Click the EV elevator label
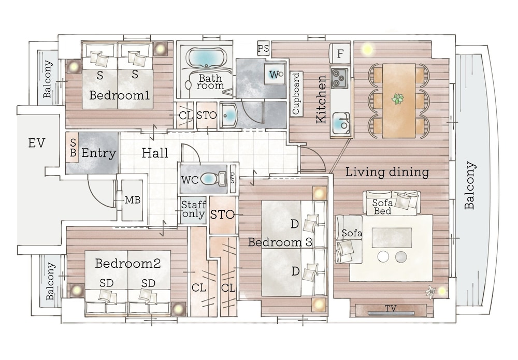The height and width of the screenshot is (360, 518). pos(36,143)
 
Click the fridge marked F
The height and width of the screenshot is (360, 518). pos(340,53)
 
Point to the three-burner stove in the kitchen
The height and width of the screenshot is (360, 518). pos(339,78)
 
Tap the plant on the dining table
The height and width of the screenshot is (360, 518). pos(398,98)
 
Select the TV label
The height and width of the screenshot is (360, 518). pos(391,308)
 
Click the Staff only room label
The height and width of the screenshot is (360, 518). pos(193,209)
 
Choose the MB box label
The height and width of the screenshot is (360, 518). pos(133,200)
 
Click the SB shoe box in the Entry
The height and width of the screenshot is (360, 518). pos(72,147)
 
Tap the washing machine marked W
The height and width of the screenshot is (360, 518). pos(275,74)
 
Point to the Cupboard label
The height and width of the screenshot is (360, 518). pos(296,93)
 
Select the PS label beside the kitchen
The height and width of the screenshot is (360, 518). pos(263,49)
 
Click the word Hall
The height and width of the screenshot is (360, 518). pos(155,153)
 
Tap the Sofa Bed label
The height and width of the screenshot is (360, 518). pos(382,207)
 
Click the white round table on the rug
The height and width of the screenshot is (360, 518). pos(383,256)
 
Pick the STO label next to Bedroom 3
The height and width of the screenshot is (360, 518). pos(222,214)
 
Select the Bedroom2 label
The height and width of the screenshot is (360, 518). pos(128,263)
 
